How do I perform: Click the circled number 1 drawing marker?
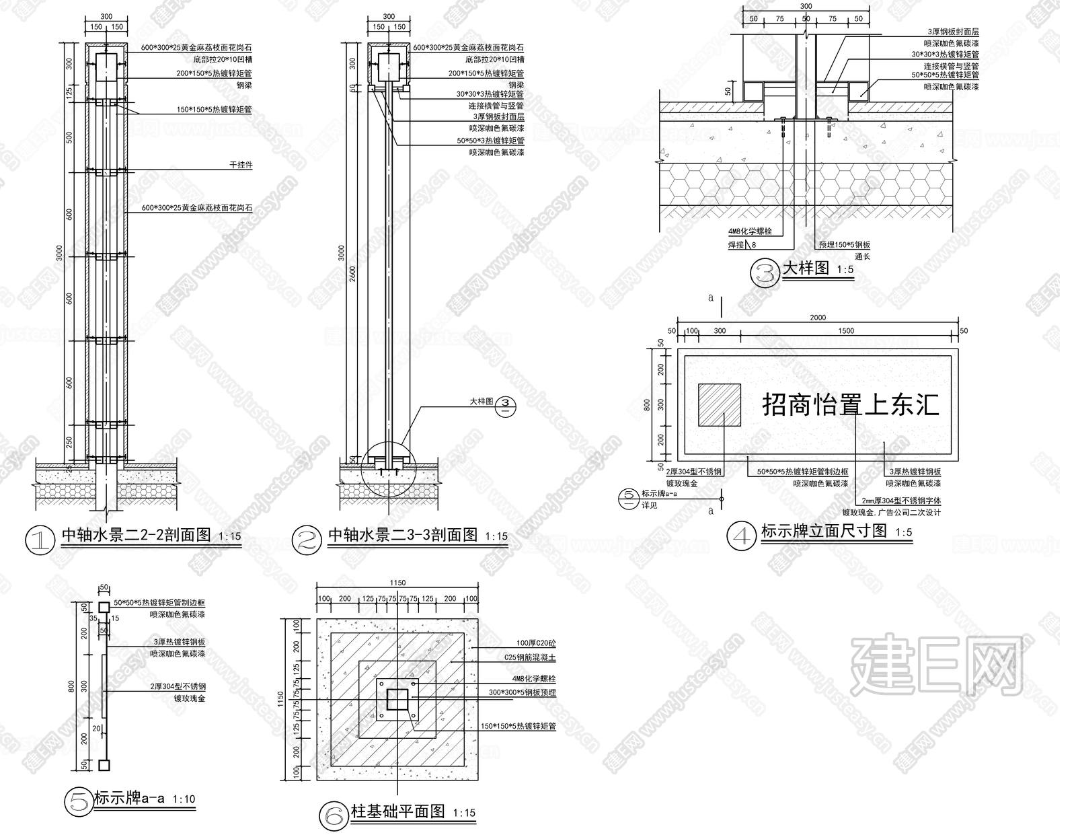click(40, 540)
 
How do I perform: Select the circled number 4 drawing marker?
click(742, 536)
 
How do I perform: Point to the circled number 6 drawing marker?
click(333, 815)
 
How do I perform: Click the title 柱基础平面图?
click(398, 811)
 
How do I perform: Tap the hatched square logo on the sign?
click(720, 405)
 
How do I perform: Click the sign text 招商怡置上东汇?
click(850, 405)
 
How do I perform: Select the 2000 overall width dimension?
click(818, 318)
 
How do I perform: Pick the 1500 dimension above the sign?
click(846, 330)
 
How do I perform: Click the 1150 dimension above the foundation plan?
click(397, 583)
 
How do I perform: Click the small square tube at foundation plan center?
click(397, 700)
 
